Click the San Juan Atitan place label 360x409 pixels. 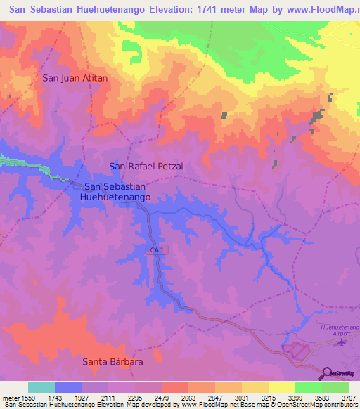point(75,78)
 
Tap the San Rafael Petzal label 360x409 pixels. point(146,167)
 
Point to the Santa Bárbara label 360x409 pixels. point(113,362)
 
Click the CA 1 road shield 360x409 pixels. point(157,250)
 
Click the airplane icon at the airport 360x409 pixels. point(342,343)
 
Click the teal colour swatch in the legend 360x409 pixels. point(41,387)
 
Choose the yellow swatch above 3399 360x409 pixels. point(281,387)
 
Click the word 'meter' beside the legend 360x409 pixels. point(10,398)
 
